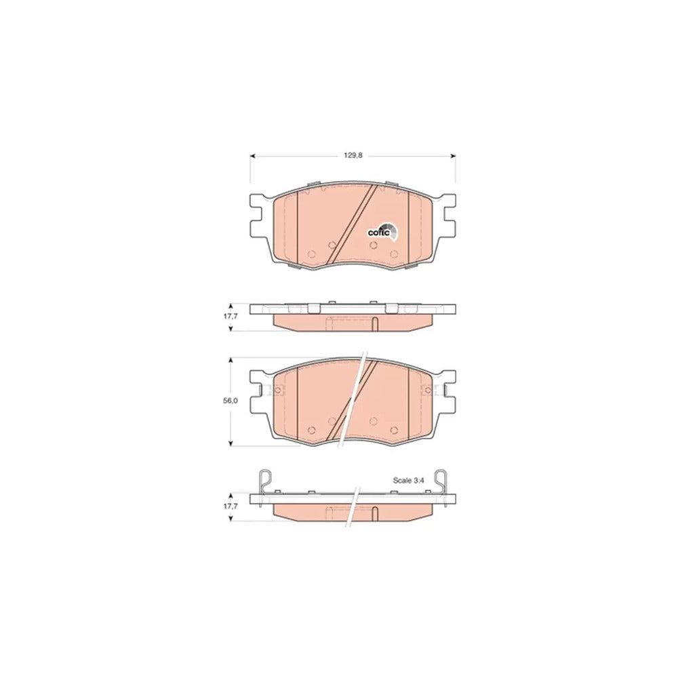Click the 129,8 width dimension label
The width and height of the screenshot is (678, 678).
(x=353, y=156)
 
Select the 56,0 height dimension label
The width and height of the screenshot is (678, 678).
(x=230, y=401)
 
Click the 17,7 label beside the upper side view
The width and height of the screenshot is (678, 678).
(x=230, y=316)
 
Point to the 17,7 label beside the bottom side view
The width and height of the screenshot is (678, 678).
(x=230, y=506)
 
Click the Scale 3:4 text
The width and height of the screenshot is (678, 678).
(x=409, y=480)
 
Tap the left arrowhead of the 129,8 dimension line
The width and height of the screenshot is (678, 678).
(x=253, y=156)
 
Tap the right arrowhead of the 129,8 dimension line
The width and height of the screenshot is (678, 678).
(x=453, y=156)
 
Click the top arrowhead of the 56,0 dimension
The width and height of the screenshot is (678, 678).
(x=231, y=360)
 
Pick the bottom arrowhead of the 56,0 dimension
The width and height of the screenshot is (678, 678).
(x=231, y=443)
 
